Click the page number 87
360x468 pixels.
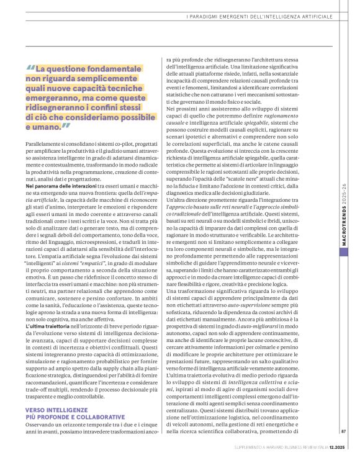(x=343, y=448)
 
